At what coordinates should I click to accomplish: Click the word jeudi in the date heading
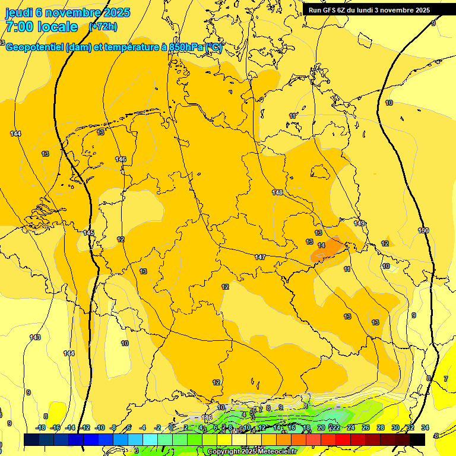pos(20,12)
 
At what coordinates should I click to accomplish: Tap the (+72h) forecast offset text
pos(103,27)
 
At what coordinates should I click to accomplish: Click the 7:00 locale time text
pos(41,27)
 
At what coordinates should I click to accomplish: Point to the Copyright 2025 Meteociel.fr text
pos(252,451)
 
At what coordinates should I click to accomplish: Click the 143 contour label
pos(35,337)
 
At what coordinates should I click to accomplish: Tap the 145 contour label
pos(88,233)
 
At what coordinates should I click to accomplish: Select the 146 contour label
pos(121,159)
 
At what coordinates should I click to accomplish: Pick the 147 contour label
pos(259,257)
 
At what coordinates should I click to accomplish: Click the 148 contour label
pos(277,192)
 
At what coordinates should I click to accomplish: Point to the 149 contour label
pos(359,223)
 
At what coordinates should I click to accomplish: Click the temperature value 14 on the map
pos(321,245)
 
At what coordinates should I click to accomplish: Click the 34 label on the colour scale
pos(425,427)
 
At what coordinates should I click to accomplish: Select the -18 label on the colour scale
pos(41,427)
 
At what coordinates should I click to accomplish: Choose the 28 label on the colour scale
pos(381,427)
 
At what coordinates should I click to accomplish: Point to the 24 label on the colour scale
pos(351,427)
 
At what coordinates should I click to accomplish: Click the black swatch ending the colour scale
pos(417,439)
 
